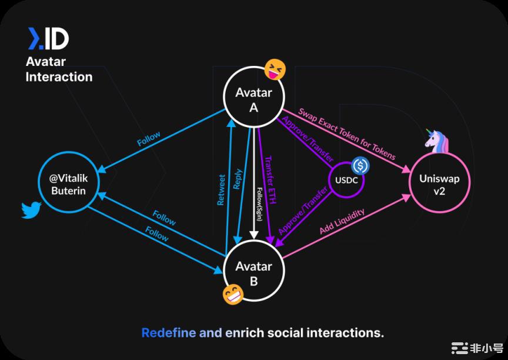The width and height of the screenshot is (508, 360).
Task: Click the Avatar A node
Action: point(253,99)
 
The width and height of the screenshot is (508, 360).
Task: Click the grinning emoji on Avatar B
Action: point(233,294)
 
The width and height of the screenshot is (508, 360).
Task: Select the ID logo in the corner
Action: point(48,39)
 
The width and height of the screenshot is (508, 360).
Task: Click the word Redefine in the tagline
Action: point(168,333)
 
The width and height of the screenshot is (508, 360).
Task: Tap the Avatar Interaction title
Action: point(59,69)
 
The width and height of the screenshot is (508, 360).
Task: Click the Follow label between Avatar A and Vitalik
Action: point(149,139)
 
